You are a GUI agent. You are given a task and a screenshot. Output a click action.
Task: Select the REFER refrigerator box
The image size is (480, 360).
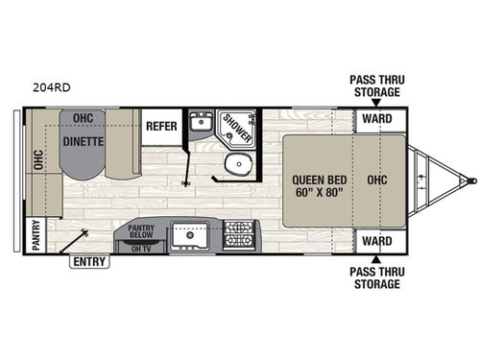159,126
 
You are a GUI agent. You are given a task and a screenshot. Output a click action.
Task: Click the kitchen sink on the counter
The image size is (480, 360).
192,234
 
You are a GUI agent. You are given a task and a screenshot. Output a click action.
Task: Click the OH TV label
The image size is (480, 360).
143,249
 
